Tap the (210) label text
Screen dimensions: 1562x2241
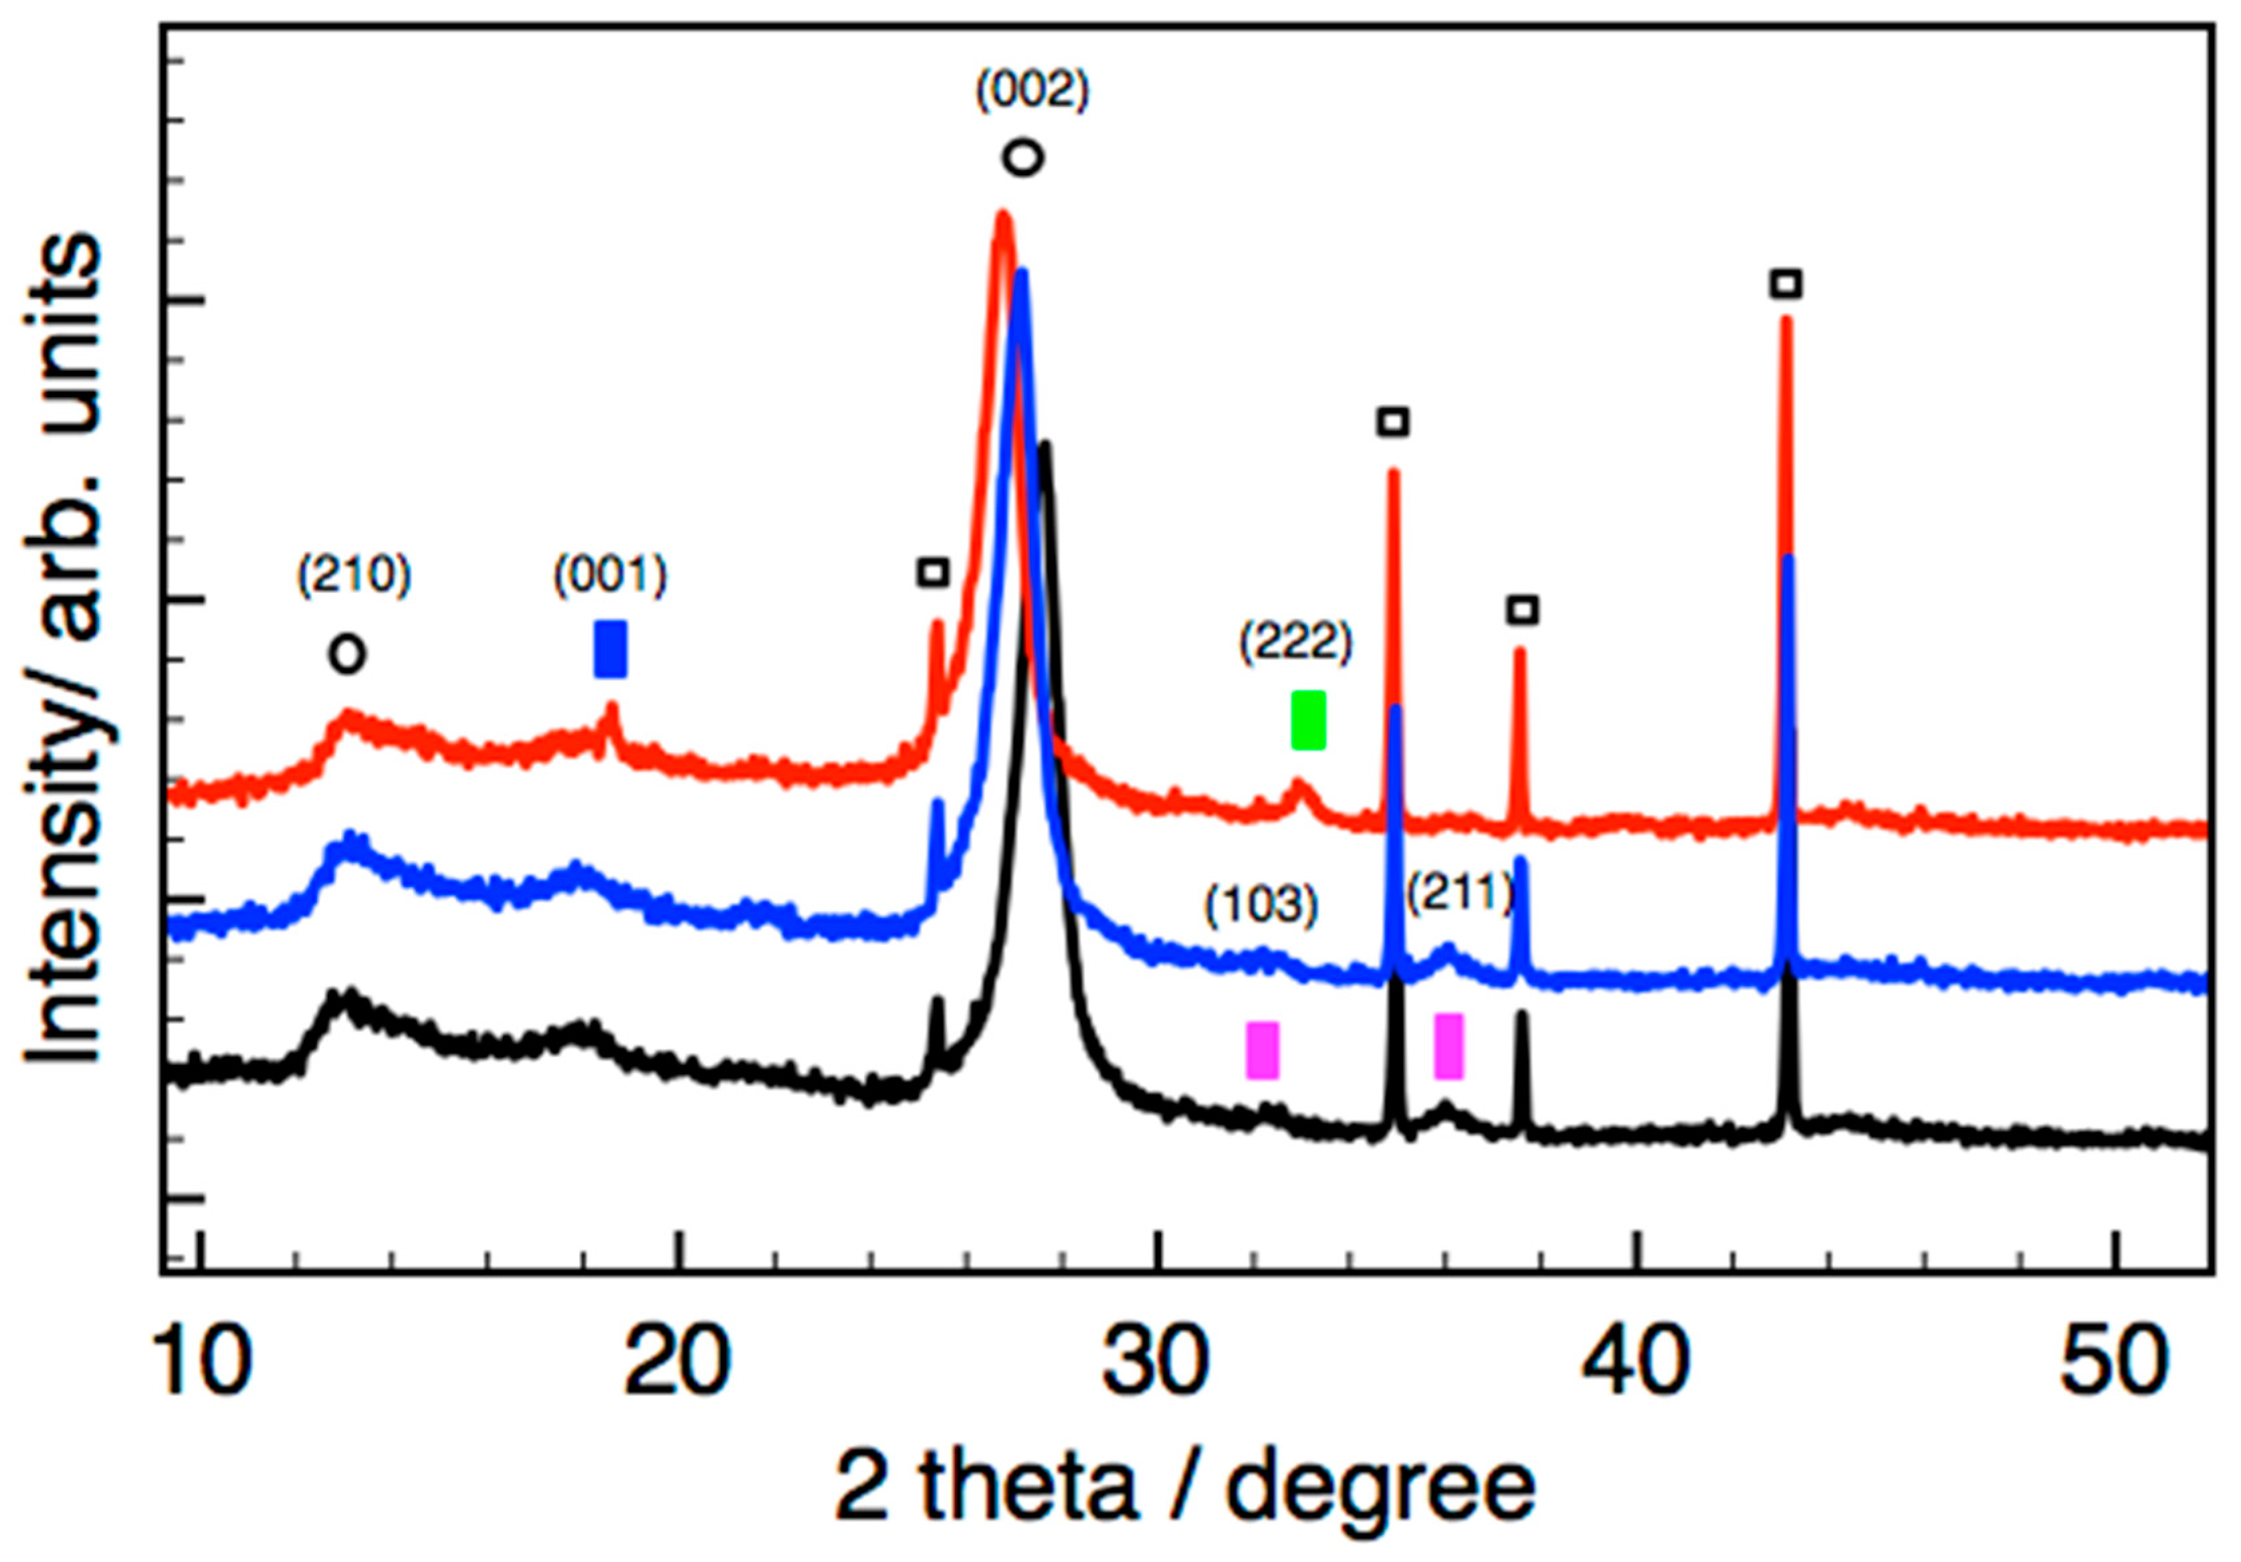click(x=354, y=577)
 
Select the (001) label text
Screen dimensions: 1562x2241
click(x=610, y=577)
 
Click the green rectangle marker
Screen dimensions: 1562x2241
click(x=1308, y=720)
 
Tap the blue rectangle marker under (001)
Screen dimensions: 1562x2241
click(x=610, y=649)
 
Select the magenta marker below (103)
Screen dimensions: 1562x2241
click(x=1262, y=1050)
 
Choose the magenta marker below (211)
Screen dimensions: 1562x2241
click(x=1449, y=1046)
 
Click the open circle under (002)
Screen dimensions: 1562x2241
click(x=1023, y=157)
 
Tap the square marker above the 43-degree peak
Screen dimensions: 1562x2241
click(x=1786, y=284)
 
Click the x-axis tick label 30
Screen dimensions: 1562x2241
click(x=1157, y=1364)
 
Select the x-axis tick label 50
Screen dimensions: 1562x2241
click(x=2113, y=1364)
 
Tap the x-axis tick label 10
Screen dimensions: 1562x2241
click(x=202, y=1364)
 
